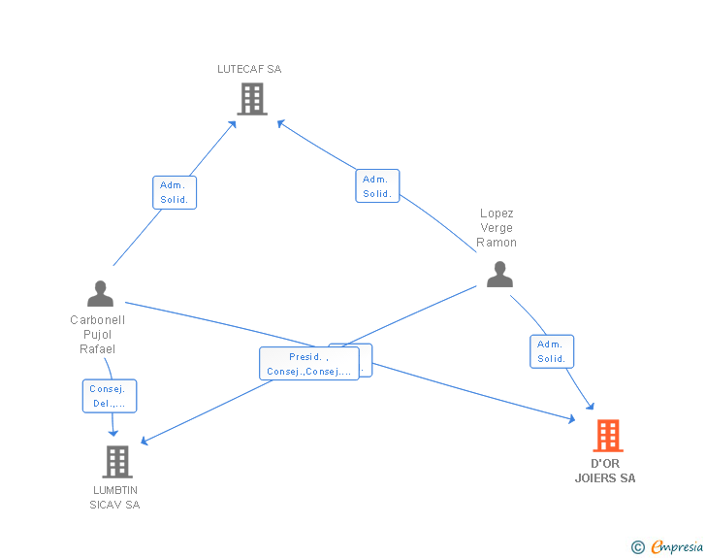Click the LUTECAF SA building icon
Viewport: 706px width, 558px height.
(x=251, y=98)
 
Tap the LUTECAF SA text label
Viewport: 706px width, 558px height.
(x=249, y=69)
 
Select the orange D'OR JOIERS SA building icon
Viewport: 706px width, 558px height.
(x=607, y=436)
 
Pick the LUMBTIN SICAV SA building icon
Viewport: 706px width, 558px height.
(x=116, y=462)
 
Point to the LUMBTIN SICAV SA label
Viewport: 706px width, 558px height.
(x=115, y=497)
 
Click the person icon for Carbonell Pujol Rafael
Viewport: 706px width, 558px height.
(x=100, y=293)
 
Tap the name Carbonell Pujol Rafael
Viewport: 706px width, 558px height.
(x=98, y=335)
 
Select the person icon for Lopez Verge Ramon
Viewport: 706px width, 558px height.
(x=499, y=275)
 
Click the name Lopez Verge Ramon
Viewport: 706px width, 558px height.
(x=497, y=228)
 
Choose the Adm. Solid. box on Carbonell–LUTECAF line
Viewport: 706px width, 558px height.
(x=176, y=192)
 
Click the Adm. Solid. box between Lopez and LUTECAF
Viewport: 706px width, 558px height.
(x=377, y=186)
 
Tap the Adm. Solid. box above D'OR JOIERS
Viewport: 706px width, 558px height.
(x=552, y=351)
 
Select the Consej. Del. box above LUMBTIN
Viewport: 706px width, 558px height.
(x=109, y=396)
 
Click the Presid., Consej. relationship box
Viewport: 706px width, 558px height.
(x=308, y=364)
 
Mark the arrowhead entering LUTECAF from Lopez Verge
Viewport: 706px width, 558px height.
(x=280, y=122)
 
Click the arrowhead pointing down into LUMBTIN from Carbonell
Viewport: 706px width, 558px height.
(x=113, y=432)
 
